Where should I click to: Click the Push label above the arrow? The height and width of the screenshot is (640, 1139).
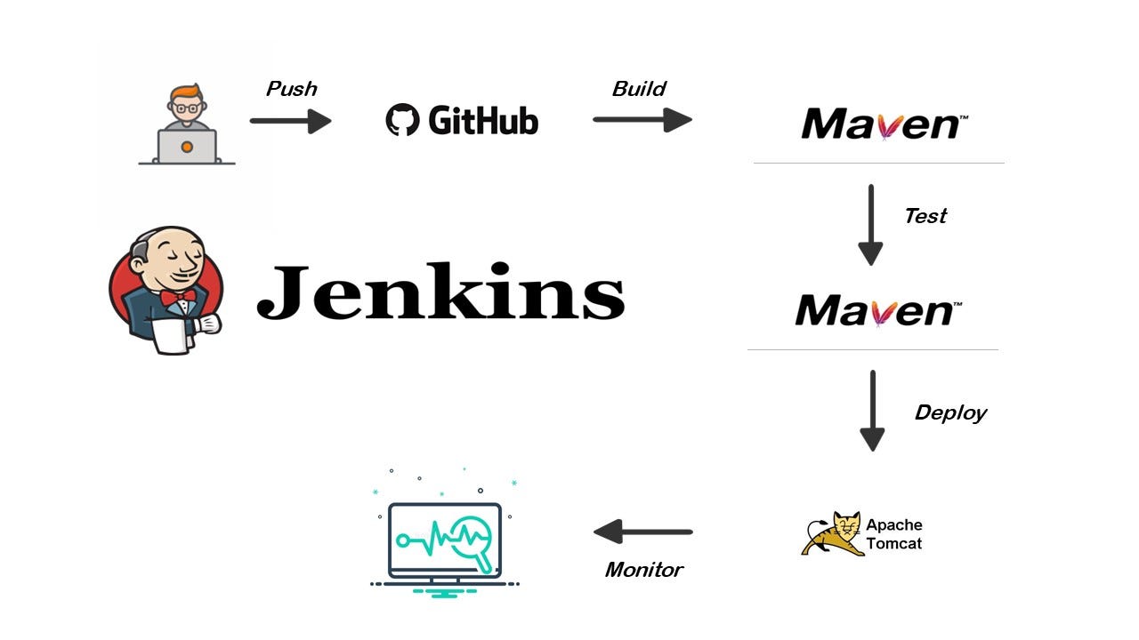tap(292, 89)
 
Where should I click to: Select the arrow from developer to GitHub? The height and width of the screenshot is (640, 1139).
tap(290, 120)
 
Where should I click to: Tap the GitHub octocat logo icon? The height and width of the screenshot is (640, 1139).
tap(402, 120)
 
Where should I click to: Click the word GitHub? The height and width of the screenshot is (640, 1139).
tap(483, 120)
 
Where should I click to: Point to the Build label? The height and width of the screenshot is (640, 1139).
tap(639, 89)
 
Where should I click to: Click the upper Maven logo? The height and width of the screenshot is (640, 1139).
tap(881, 124)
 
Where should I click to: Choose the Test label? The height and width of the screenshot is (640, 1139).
tap(925, 216)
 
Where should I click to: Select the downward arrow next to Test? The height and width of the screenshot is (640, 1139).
tap(870, 224)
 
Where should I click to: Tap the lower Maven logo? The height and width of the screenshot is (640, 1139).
tap(876, 311)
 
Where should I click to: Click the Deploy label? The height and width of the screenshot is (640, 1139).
tap(950, 412)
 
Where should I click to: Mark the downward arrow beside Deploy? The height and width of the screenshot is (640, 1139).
tap(872, 411)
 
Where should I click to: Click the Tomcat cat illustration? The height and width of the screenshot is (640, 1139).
tap(833, 533)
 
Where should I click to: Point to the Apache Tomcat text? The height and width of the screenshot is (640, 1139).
tap(893, 534)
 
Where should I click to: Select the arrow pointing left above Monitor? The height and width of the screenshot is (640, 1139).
tap(642, 532)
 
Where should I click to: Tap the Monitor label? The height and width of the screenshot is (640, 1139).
tap(643, 570)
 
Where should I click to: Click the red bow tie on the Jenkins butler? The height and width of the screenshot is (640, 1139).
tap(176, 297)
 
